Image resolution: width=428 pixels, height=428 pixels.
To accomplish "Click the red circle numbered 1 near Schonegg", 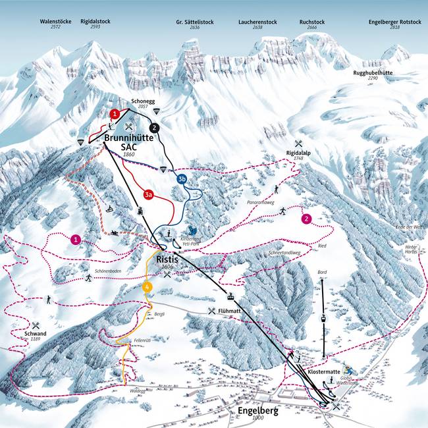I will pos(115,114).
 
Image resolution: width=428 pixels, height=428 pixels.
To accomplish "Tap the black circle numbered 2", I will pos(154,127).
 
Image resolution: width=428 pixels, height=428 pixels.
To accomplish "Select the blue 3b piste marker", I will pos(182,178).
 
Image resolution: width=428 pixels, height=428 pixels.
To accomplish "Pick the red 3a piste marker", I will pos(149,194).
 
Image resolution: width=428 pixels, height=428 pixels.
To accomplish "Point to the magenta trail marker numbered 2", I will pos(306,219).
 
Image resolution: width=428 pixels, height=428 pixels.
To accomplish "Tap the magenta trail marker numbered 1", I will pos(76,240).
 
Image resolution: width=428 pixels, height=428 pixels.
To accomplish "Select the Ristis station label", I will pos(167,260).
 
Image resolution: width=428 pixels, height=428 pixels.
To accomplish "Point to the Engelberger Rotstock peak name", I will pos(395,22).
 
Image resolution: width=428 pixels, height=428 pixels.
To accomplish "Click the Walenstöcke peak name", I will pos(55,22).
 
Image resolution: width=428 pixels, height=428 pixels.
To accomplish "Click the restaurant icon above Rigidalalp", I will pos(298,144).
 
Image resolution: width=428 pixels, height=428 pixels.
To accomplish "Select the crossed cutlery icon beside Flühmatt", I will pos(211,311).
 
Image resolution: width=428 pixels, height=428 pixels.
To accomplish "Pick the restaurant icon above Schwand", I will pos(36,325).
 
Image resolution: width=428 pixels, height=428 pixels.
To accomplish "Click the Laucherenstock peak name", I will pos(257,22).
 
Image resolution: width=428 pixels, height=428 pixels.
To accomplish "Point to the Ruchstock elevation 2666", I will pos(312,28).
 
